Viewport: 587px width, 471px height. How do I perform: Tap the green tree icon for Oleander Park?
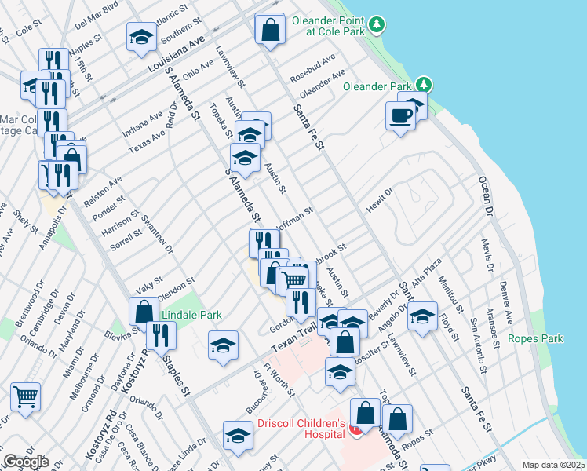point(424,84)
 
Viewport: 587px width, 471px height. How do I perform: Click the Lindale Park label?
point(191,315)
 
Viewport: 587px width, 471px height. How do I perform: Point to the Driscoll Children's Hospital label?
point(301,429)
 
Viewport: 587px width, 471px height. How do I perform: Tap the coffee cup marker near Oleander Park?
point(400,115)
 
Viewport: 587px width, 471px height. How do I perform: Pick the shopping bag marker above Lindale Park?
point(144,311)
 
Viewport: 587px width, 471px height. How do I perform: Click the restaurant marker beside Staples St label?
point(161,335)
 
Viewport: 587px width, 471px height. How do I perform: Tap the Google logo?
point(25,462)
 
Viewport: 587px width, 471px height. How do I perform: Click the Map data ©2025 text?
point(553,465)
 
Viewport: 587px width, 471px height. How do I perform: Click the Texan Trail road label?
point(293,340)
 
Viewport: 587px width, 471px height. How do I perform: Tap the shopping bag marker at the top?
point(270,29)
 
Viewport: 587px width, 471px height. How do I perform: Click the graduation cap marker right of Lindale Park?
point(223,344)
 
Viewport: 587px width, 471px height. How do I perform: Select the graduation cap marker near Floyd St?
point(422,316)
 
